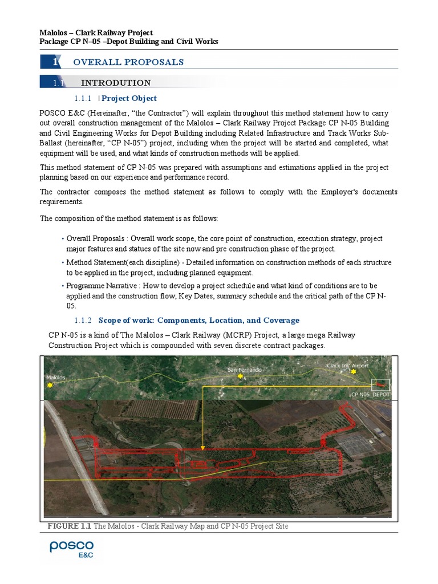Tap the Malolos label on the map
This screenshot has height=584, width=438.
[57, 378]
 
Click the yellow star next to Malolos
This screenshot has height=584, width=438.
[50, 386]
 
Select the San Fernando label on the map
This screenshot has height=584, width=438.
[245, 370]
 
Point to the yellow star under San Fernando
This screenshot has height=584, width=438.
[240, 376]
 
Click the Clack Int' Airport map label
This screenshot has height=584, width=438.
[347, 365]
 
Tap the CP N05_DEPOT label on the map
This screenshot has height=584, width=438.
[371, 394]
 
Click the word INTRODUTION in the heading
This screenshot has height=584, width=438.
[116, 83]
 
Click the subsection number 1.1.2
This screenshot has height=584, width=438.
[83, 321]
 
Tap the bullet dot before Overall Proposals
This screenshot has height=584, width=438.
[63, 239]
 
